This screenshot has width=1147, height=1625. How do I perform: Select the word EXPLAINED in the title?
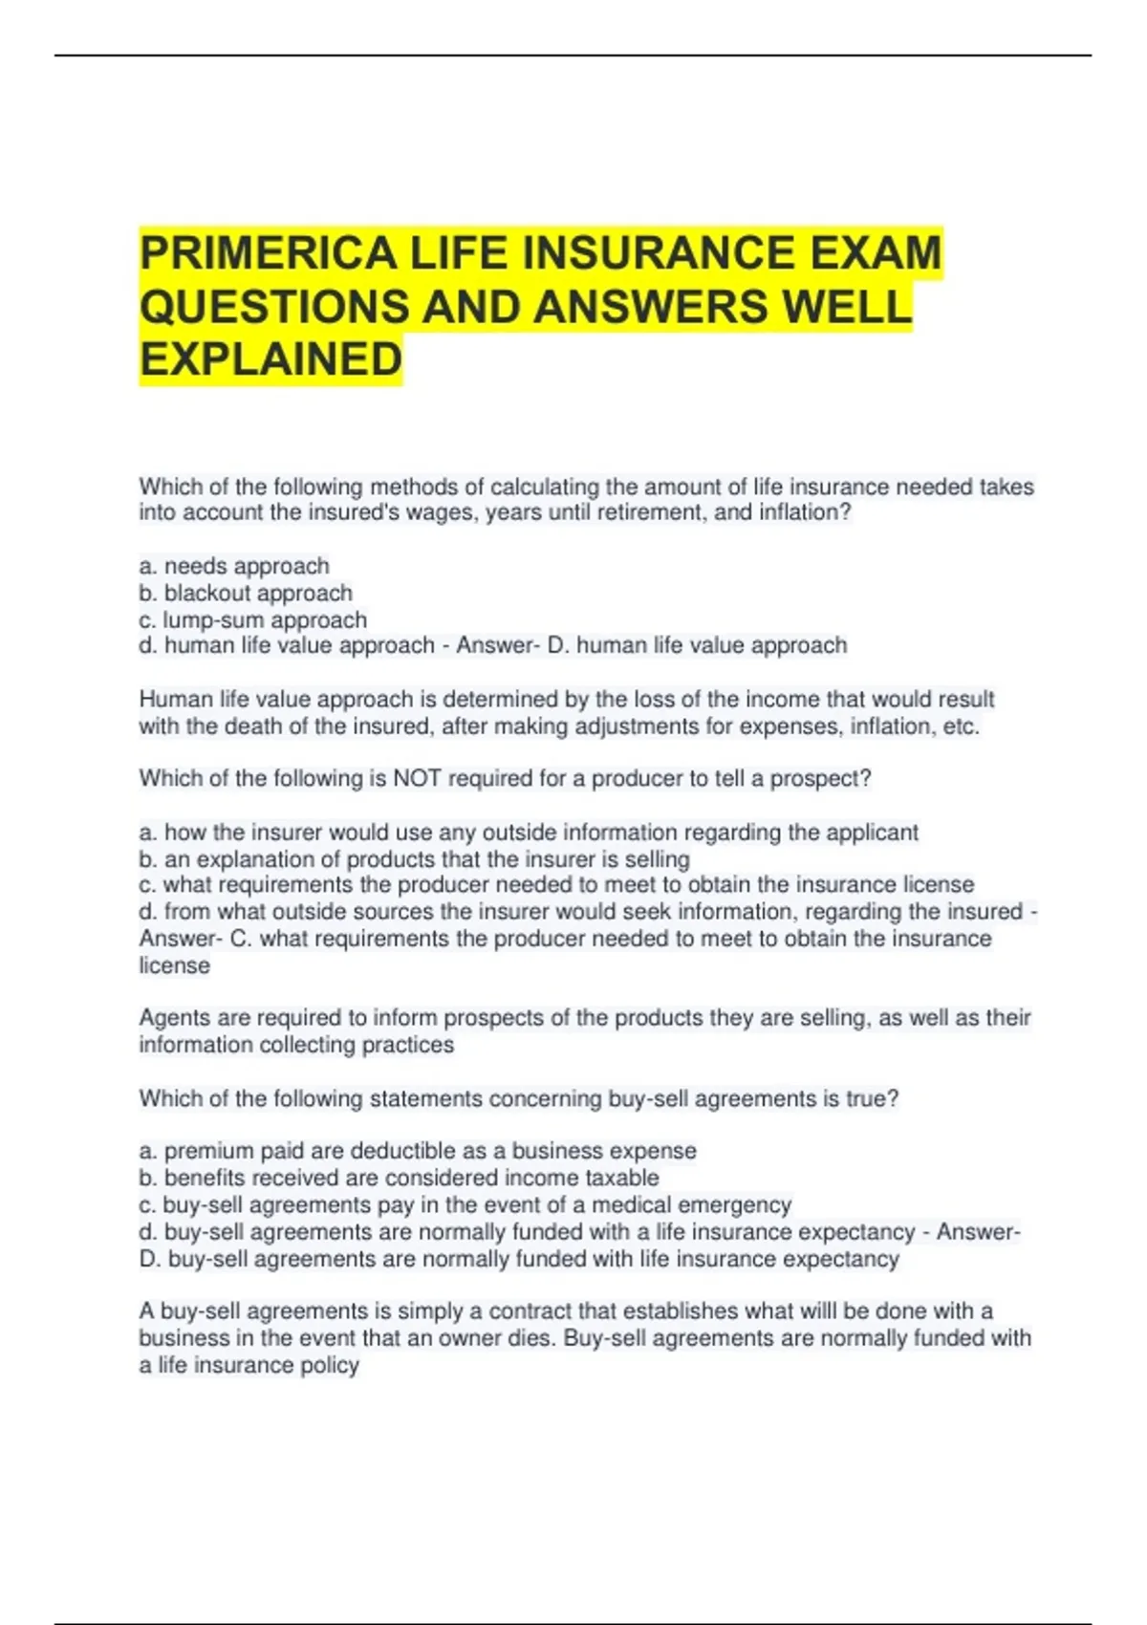point(271,360)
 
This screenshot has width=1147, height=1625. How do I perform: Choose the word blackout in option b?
point(209,594)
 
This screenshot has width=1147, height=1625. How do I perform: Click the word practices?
point(408,1045)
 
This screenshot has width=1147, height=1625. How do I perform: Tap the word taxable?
point(623,1178)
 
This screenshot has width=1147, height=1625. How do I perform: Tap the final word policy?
point(329,1365)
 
